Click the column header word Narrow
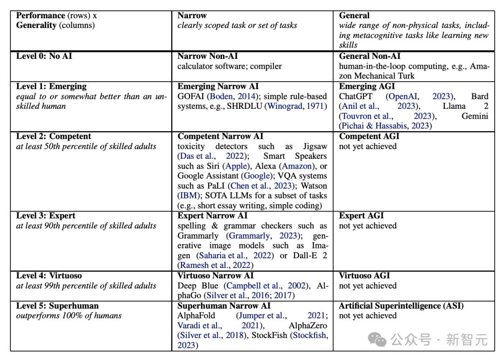click(192, 15)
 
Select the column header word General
click(354, 15)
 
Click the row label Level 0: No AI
click(44, 56)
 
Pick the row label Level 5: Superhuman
click(57, 306)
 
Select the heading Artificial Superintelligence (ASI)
click(401, 306)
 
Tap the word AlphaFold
click(196, 316)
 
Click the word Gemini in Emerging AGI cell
click(475, 116)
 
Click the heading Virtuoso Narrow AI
click(216, 276)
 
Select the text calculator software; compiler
click(229, 66)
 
